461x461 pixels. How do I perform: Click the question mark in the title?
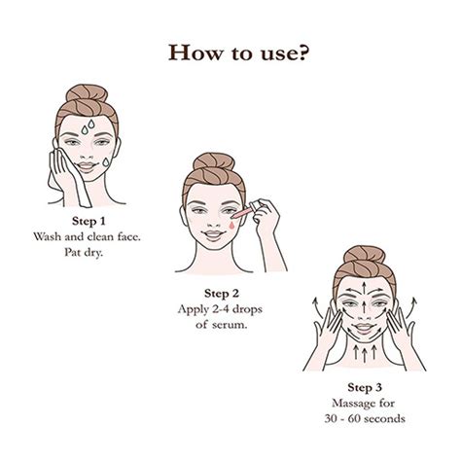click(305, 50)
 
